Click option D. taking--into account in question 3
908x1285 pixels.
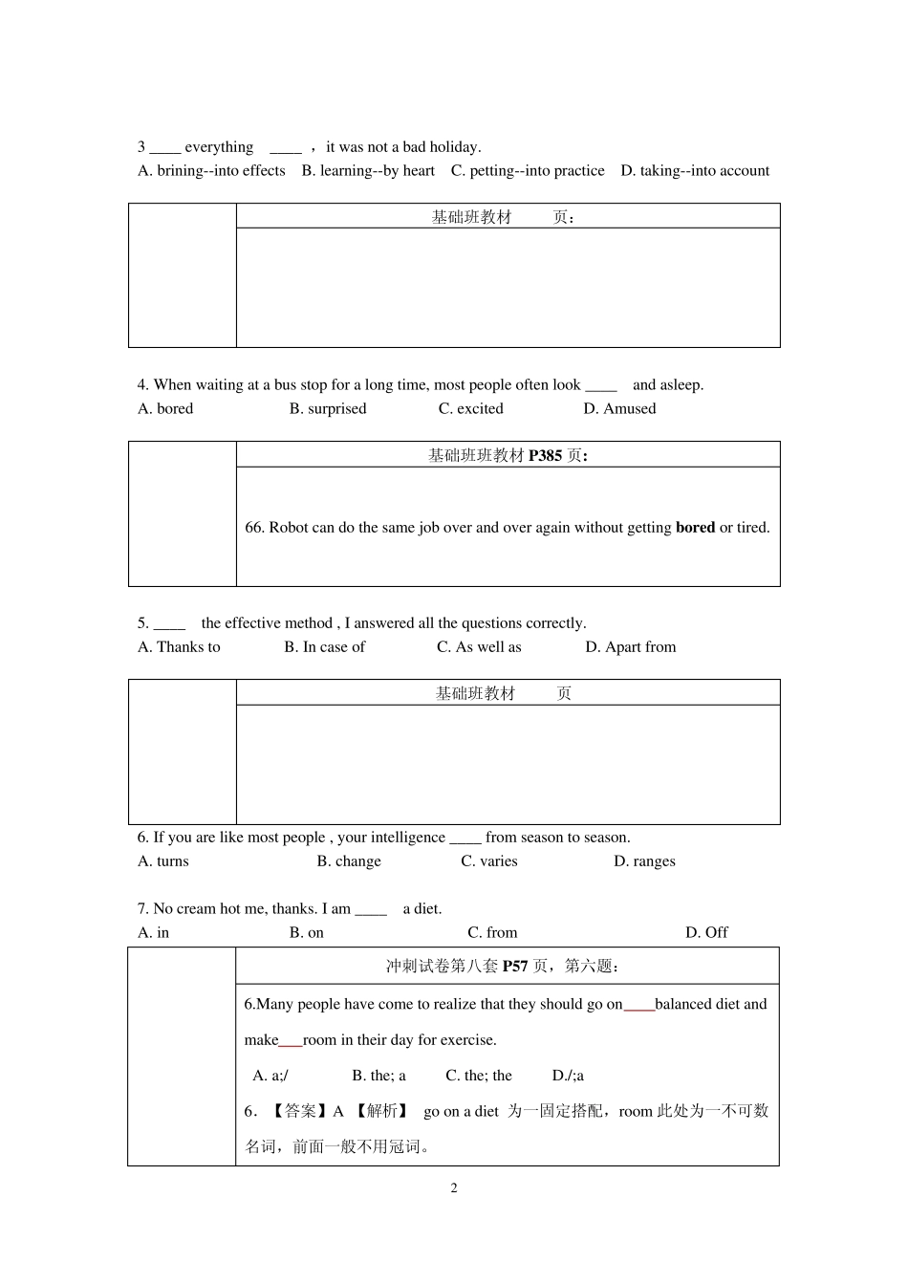pos(695,171)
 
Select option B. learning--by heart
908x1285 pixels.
pos(368,171)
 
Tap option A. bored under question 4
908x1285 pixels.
pos(165,409)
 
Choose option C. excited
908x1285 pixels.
pos(470,409)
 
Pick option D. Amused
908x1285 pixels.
pos(619,409)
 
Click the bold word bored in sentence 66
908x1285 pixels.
pos(695,528)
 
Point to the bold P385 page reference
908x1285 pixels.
pos(545,456)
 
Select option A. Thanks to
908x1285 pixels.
pos(179,647)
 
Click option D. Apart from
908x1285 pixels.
pos(630,647)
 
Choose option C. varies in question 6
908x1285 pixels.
pos(488,861)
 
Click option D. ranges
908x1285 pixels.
pos(644,861)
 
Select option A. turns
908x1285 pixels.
pos(163,861)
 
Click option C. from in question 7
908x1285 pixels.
pos(492,933)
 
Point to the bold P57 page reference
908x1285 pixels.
pos(515,967)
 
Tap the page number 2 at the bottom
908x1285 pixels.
pos(454,1188)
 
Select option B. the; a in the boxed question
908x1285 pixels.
pos(378,1076)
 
